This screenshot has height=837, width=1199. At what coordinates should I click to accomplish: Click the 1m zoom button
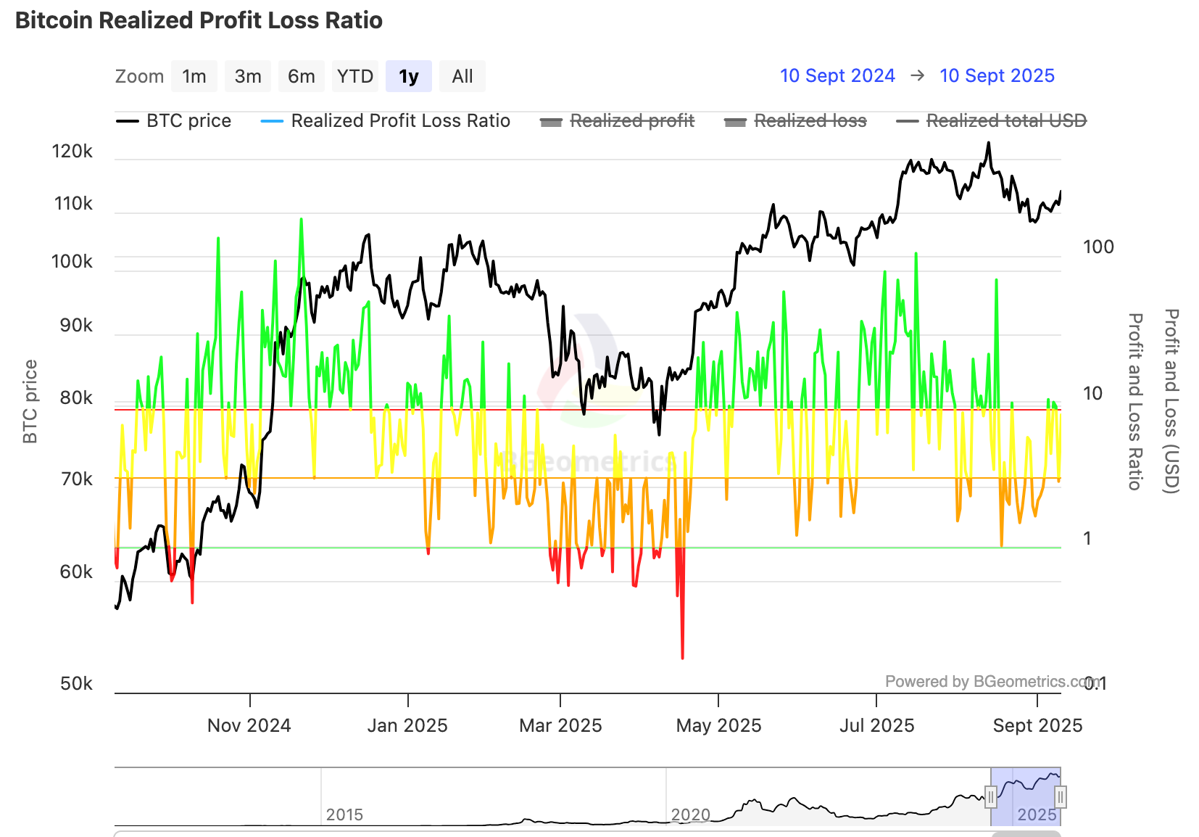coord(194,76)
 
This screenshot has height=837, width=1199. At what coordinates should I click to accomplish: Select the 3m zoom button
coord(248,76)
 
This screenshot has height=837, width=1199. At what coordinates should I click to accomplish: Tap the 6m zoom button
coord(302,76)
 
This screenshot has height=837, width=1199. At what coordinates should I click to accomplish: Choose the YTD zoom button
coord(355,76)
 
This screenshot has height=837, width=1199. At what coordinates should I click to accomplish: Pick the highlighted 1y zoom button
coord(409,76)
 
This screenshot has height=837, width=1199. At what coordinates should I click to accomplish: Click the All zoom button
coord(462,76)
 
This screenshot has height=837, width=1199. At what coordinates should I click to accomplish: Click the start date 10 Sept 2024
coord(837,76)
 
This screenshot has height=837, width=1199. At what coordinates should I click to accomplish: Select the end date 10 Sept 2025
coord(997,76)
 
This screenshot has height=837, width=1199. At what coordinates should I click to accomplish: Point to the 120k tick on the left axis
coord(72,152)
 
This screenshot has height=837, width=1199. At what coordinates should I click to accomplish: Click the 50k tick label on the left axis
coord(76,684)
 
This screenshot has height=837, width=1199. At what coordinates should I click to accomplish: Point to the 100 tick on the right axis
coord(1098,247)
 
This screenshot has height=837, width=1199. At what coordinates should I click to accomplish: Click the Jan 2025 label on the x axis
coord(407,725)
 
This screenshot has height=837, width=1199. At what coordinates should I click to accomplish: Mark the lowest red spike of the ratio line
coord(683,656)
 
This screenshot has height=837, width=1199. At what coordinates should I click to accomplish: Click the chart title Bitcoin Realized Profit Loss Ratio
coord(199,20)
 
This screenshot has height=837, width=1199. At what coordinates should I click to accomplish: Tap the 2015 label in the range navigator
coord(344,815)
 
